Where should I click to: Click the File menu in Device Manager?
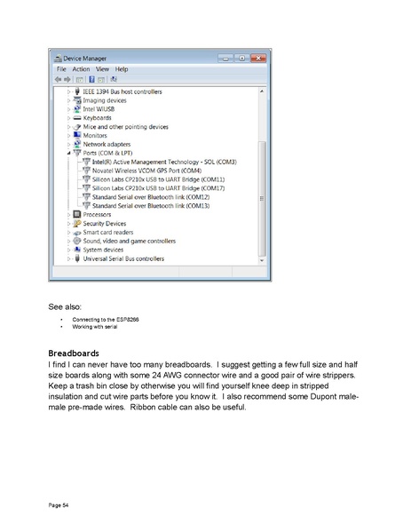62,68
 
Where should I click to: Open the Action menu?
81,68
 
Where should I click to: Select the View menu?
102,68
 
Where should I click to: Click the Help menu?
122,68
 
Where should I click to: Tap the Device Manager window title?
83,57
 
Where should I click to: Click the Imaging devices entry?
105,100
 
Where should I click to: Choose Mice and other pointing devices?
125,126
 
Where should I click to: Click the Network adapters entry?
107,144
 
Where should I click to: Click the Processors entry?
98,214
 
